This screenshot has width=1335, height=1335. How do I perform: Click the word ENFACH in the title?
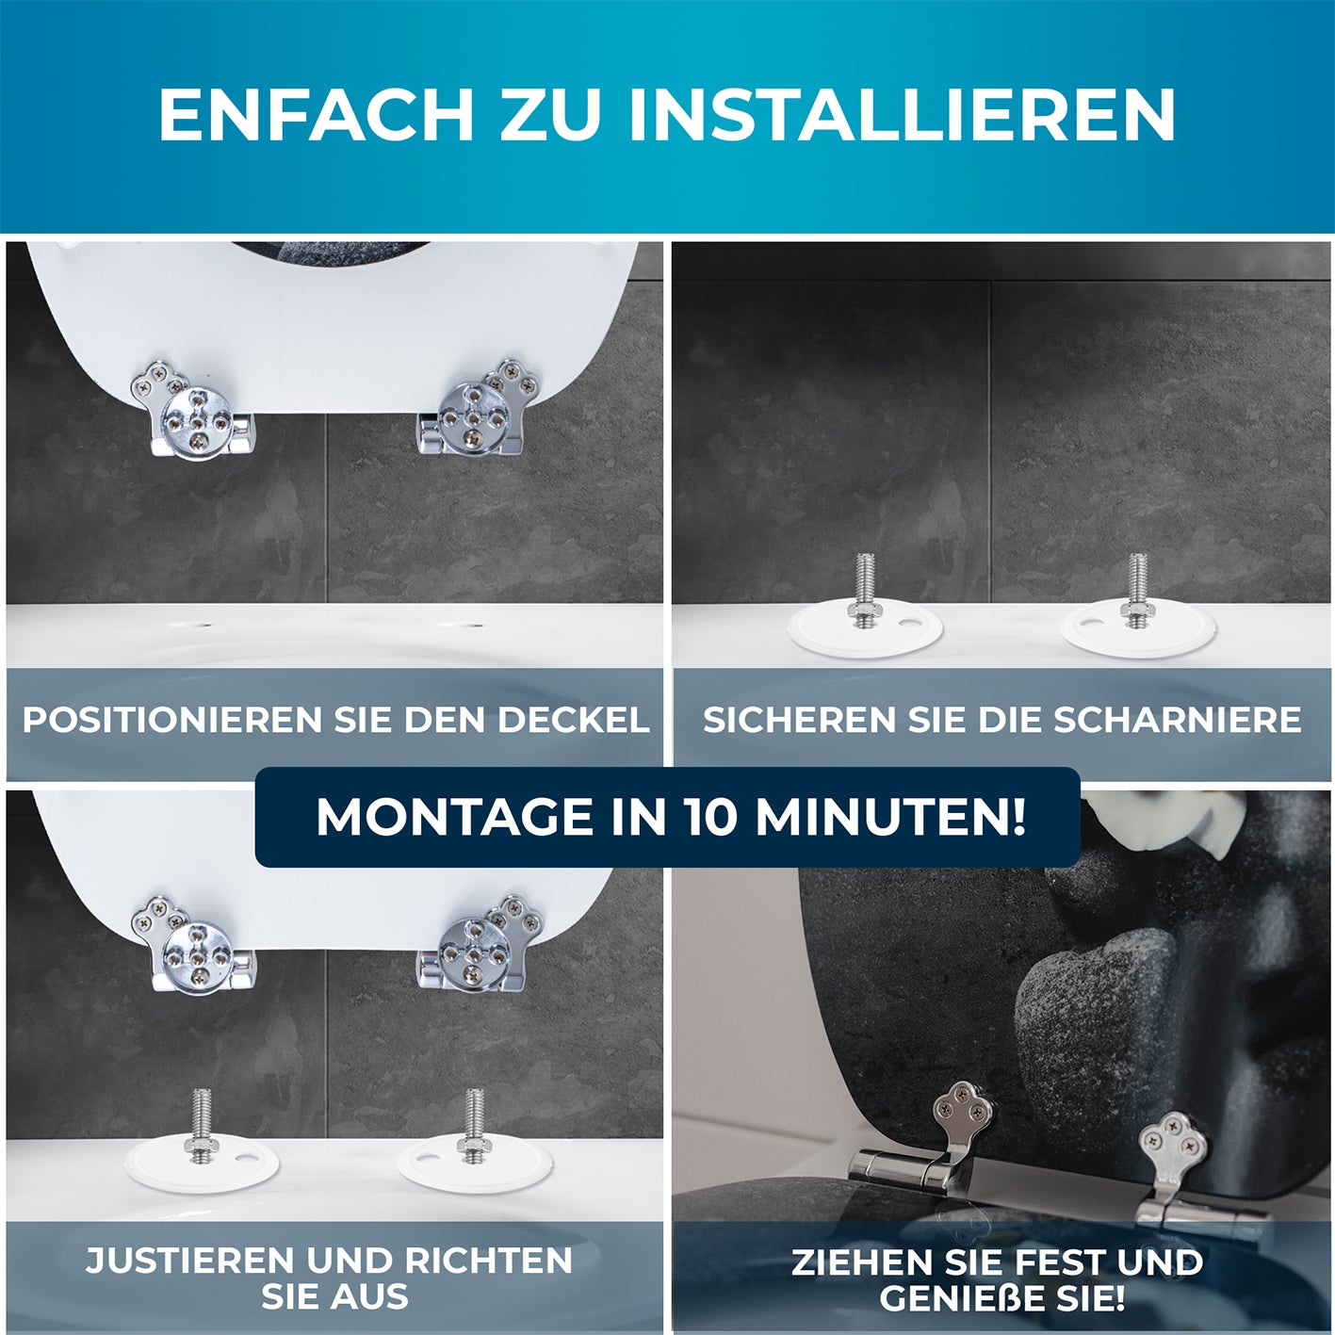[315, 115]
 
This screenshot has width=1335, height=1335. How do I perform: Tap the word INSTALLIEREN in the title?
[902, 115]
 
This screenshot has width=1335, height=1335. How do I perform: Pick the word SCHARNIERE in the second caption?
[1178, 720]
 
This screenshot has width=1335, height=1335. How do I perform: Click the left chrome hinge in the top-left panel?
[195, 411]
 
